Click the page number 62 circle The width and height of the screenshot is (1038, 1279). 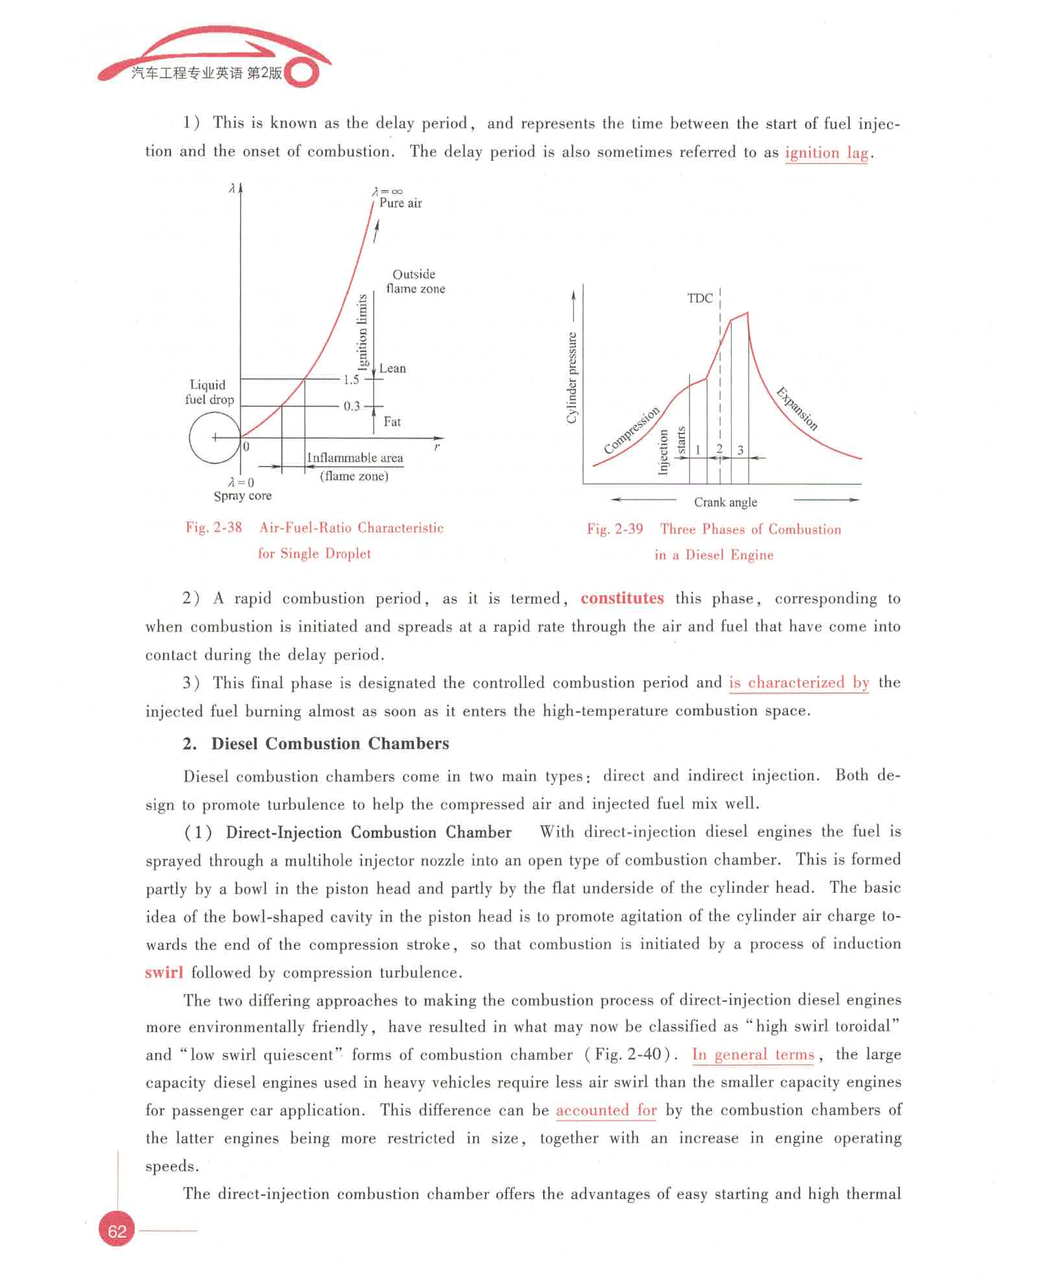117,1231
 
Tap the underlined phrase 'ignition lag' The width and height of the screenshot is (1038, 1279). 826,152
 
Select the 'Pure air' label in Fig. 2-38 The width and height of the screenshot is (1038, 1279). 400,203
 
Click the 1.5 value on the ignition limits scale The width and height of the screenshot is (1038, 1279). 351,380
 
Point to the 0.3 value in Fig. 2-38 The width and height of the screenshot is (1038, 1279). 351,406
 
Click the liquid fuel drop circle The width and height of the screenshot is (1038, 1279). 214,438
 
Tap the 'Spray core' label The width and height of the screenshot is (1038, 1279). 243,496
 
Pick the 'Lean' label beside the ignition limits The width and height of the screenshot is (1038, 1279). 392,369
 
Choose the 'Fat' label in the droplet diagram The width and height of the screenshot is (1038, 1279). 392,422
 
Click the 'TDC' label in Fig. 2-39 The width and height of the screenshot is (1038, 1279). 700,298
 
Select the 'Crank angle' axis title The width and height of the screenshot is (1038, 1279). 725,502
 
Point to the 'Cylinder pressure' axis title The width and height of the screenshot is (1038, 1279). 572,378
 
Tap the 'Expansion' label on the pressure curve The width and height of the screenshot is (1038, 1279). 797,409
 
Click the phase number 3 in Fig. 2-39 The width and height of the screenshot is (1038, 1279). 740,450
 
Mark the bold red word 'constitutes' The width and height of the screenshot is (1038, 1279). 622,598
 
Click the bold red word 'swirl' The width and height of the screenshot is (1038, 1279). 163,972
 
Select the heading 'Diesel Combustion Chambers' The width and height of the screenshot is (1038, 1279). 330,744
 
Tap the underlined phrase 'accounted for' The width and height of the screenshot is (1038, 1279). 606,1110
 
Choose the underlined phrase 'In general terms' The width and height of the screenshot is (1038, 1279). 753,1054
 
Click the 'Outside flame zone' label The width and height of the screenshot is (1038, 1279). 415,282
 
